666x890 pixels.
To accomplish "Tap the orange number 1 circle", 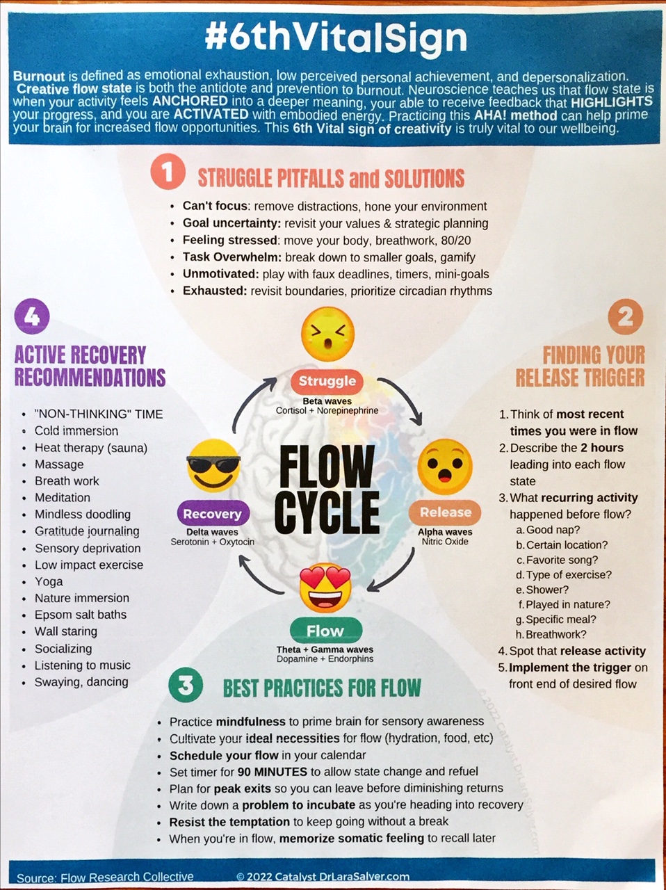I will [x=168, y=172].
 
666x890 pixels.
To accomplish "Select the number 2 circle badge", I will [x=625, y=318].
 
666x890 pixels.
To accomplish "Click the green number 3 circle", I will [x=186, y=686].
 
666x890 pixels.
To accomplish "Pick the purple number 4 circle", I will [x=32, y=317].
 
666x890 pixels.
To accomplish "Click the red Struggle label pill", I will [x=327, y=381].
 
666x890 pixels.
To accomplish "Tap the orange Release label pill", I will [x=445, y=512].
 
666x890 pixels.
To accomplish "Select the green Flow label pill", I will [x=325, y=631].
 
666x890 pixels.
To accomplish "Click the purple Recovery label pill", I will [x=212, y=514].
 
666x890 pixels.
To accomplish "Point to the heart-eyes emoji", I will [x=325, y=586].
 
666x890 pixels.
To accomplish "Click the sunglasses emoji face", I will [x=213, y=465].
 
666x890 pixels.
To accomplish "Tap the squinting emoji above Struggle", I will [x=327, y=334].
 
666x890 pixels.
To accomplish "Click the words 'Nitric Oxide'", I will [x=445, y=542].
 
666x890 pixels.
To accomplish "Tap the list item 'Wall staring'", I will [x=66, y=631].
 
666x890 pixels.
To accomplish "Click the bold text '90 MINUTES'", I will [x=272, y=772].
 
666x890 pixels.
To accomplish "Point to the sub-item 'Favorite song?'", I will [x=562, y=560].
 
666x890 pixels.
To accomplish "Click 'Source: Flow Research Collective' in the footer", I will [x=105, y=877].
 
